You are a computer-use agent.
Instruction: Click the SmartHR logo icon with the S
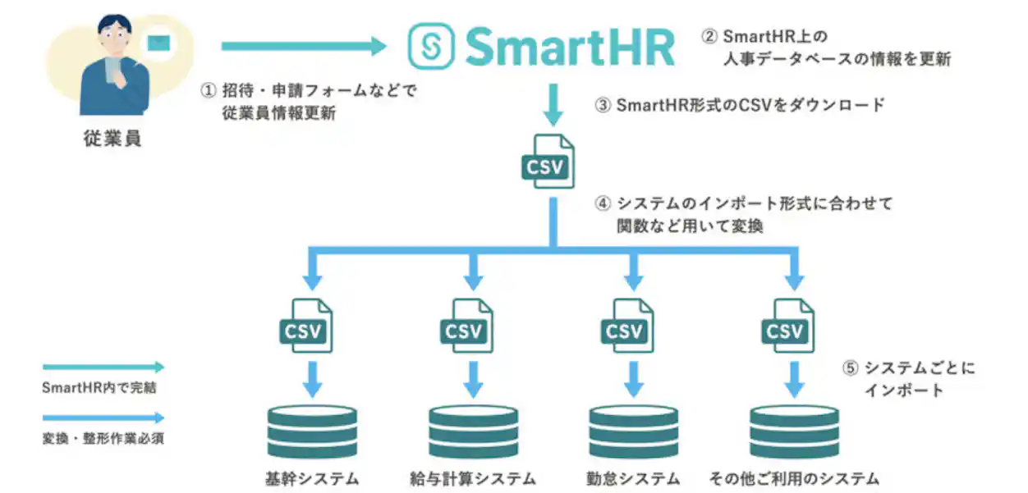(x=432, y=46)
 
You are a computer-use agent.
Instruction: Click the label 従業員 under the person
(x=112, y=139)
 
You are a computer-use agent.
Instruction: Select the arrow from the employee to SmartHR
(x=303, y=47)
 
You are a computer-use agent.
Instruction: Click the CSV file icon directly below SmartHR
(x=548, y=161)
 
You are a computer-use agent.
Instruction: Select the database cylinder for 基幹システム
(x=313, y=430)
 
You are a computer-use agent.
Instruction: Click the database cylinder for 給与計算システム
(x=474, y=430)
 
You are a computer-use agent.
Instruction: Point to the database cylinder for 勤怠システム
(x=634, y=430)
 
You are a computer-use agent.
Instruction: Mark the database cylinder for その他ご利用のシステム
(x=794, y=430)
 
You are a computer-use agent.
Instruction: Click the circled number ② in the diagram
(x=709, y=36)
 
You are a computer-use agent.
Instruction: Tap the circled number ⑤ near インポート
(x=850, y=369)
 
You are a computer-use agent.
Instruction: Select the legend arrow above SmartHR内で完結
(x=103, y=367)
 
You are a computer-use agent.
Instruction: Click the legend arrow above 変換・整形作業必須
(x=103, y=418)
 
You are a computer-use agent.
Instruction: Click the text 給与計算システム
(x=472, y=478)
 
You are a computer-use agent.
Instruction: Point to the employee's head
(x=114, y=34)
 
